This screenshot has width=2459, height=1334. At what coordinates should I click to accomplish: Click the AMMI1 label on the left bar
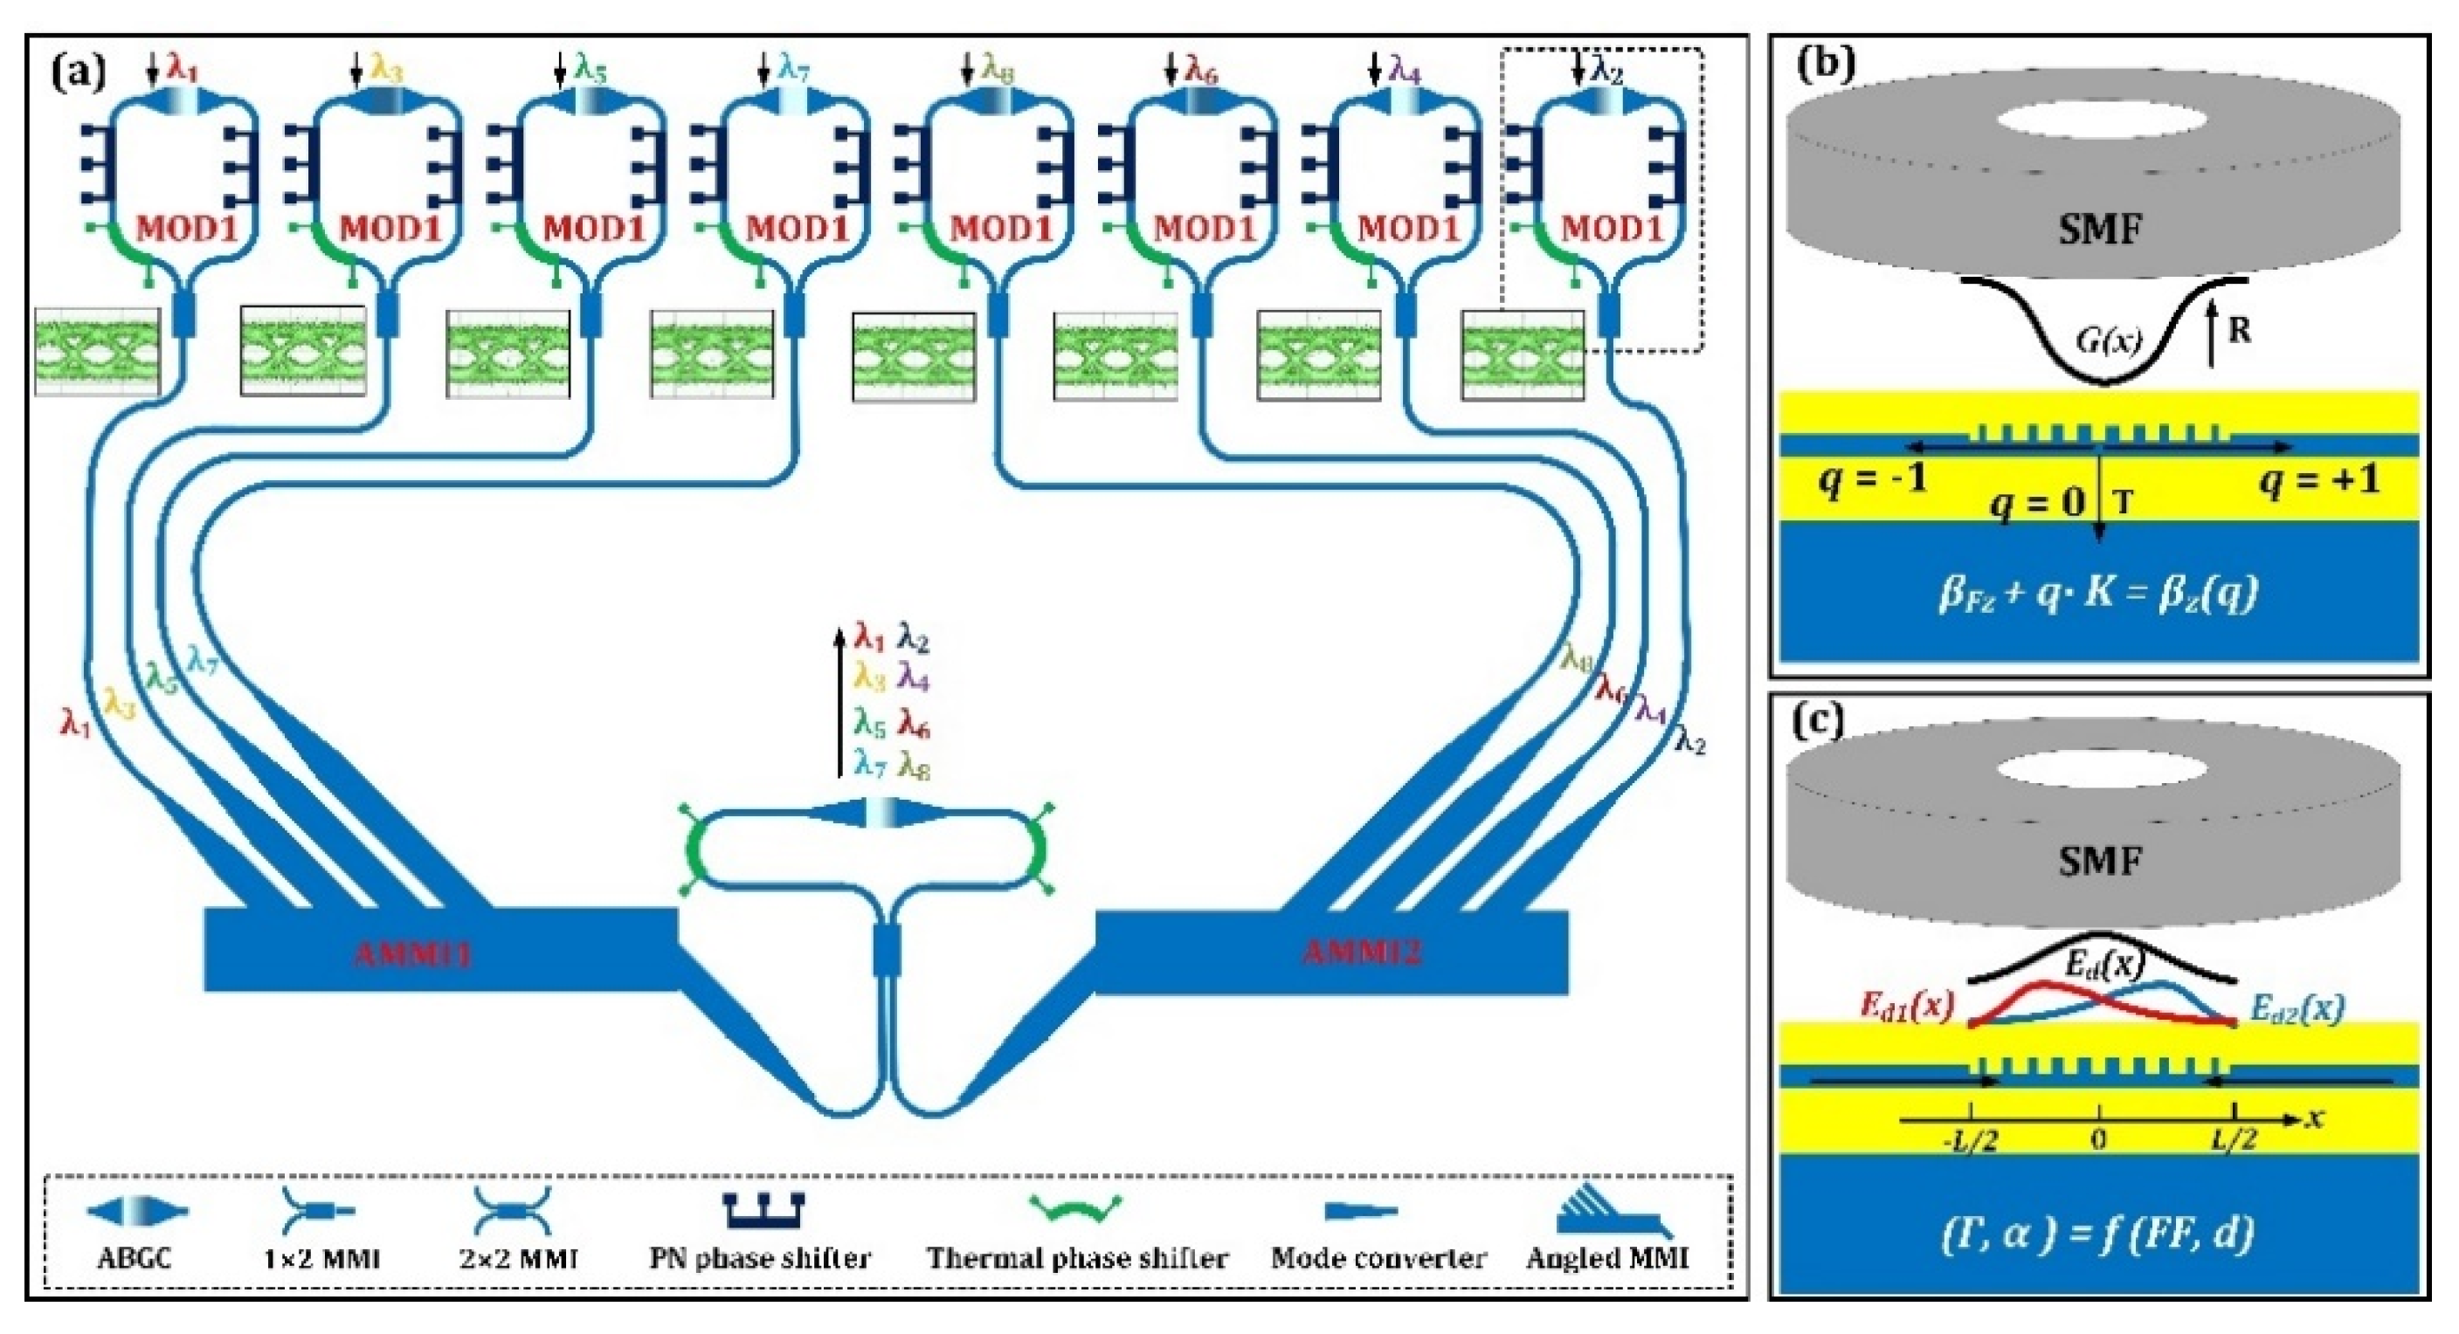tap(412, 953)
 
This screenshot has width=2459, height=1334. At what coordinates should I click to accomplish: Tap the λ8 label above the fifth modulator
tap(998, 69)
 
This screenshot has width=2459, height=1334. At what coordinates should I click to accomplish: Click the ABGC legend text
tap(135, 1258)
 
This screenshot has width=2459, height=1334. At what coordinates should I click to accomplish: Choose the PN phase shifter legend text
tap(760, 1258)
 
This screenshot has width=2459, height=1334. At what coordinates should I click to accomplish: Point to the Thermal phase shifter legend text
tap(1077, 1258)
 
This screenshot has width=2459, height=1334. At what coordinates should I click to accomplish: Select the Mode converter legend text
tap(1378, 1258)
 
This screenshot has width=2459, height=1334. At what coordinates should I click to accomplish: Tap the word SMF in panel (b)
tap(2099, 229)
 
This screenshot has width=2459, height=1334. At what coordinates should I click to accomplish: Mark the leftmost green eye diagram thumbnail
tap(97, 351)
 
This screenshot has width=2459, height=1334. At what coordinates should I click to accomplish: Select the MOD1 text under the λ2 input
tap(1612, 229)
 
